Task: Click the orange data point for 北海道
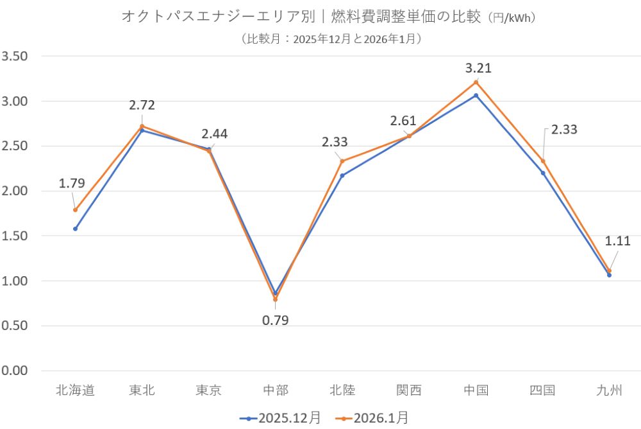click(75, 210)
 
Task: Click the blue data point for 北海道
click(75, 229)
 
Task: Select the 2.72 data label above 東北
click(142, 105)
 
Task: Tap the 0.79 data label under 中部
click(276, 320)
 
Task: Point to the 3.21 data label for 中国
click(478, 68)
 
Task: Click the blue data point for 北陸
click(342, 175)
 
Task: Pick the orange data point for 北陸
click(342, 161)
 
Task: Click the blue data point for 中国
click(476, 96)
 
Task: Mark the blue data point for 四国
click(543, 173)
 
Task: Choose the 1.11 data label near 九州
click(618, 241)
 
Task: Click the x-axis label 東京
click(208, 390)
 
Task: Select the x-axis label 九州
click(609, 390)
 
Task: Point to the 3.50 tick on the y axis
click(15, 56)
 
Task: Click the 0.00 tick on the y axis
click(15, 371)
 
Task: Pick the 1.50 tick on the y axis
click(15, 236)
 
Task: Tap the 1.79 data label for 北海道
click(72, 184)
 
